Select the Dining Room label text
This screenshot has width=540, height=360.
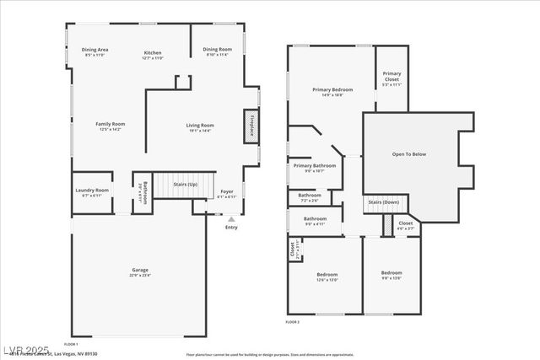click(217, 51)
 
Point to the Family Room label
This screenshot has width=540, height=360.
click(110, 126)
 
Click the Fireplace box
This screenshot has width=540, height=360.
click(251, 126)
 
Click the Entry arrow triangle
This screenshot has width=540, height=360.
click(231, 218)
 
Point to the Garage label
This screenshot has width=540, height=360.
click(139, 272)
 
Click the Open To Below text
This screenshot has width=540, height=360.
click(408, 154)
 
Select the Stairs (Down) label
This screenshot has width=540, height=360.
click(384, 202)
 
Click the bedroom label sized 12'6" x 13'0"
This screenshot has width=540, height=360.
click(327, 277)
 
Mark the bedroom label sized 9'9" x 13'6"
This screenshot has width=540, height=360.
click(391, 275)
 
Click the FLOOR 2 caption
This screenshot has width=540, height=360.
click(293, 322)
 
